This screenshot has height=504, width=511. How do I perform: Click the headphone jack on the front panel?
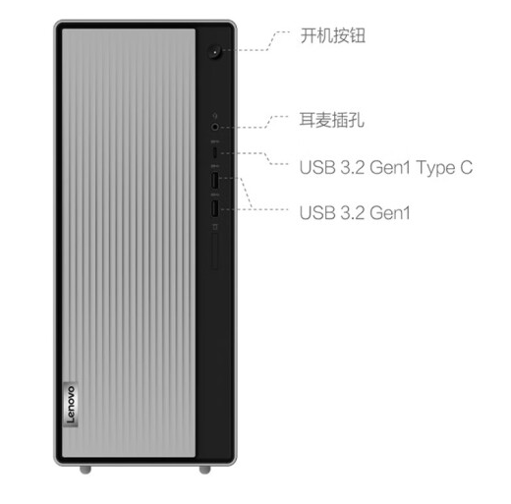(214, 127)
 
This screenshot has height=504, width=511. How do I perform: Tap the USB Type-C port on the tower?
(214, 152)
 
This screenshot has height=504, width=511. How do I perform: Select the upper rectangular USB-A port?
(214, 180)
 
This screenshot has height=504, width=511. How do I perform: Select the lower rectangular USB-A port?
(214, 208)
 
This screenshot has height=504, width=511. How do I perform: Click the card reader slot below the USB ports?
(215, 251)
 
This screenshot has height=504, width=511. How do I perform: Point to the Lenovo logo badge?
(70, 405)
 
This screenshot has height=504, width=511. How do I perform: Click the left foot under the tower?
(85, 470)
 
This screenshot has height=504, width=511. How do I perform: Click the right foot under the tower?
(205, 470)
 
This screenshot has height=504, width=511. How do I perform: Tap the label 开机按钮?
(332, 35)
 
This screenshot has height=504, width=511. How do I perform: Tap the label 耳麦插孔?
(332, 120)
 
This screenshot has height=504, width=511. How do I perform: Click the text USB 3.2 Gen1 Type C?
(386, 167)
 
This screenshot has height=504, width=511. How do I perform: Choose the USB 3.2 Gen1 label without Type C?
(355, 212)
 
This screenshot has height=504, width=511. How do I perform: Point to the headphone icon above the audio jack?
(215, 116)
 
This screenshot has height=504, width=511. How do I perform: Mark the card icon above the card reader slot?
(215, 227)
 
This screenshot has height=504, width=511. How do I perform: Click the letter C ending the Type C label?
(467, 167)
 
